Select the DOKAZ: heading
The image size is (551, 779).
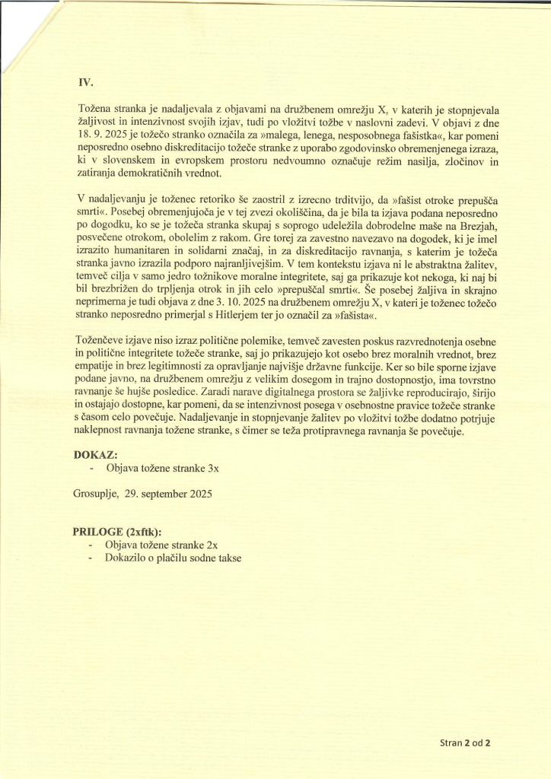point(101,456)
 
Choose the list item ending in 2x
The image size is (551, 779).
point(161,545)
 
